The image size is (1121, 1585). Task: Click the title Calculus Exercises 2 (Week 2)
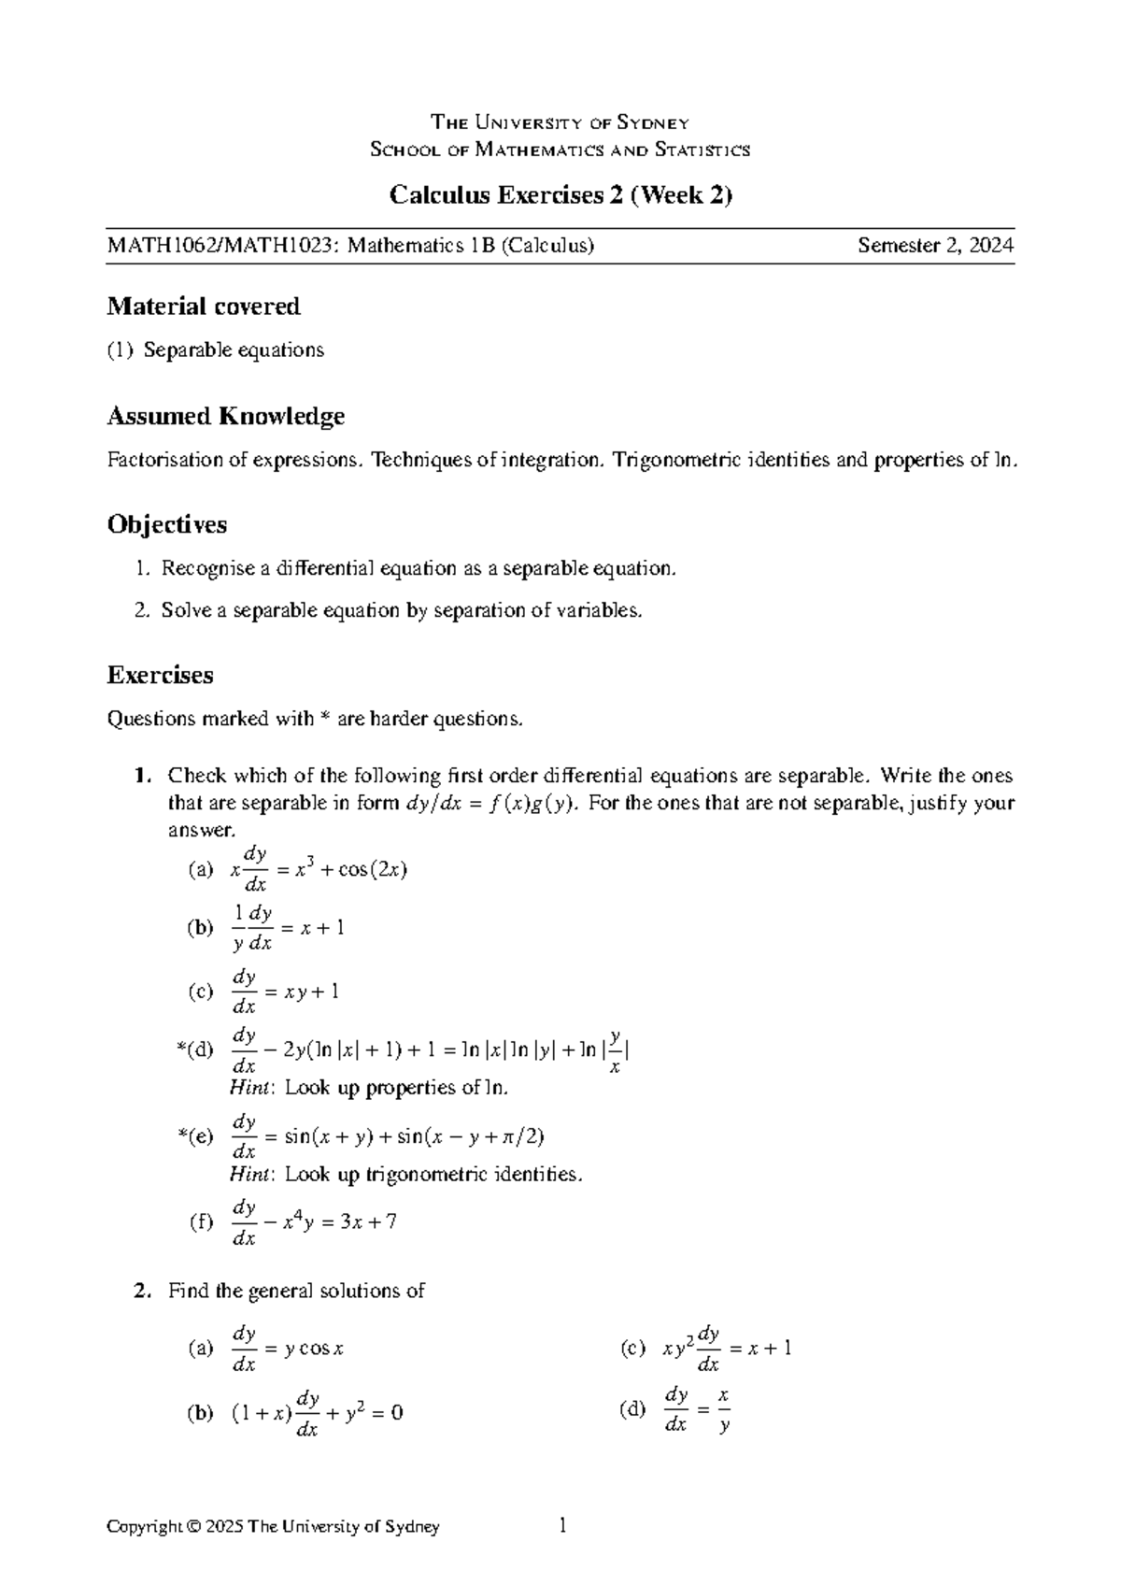tap(560, 195)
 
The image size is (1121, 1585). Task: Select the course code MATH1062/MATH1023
tap(224, 246)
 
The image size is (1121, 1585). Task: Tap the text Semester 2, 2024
tap(936, 246)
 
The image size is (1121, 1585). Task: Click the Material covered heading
tap(204, 307)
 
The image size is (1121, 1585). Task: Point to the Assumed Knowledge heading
tap(226, 416)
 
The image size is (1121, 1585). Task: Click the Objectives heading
tap(167, 524)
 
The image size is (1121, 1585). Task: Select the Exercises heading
tap(161, 675)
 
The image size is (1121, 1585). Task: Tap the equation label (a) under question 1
tap(201, 870)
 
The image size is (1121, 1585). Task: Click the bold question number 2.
tap(140, 1291)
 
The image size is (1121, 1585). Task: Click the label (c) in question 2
tap(632, 1348)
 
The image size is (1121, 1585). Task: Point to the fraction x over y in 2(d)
tap(724, 1411)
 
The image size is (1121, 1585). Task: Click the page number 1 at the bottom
tap(562, 1526)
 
